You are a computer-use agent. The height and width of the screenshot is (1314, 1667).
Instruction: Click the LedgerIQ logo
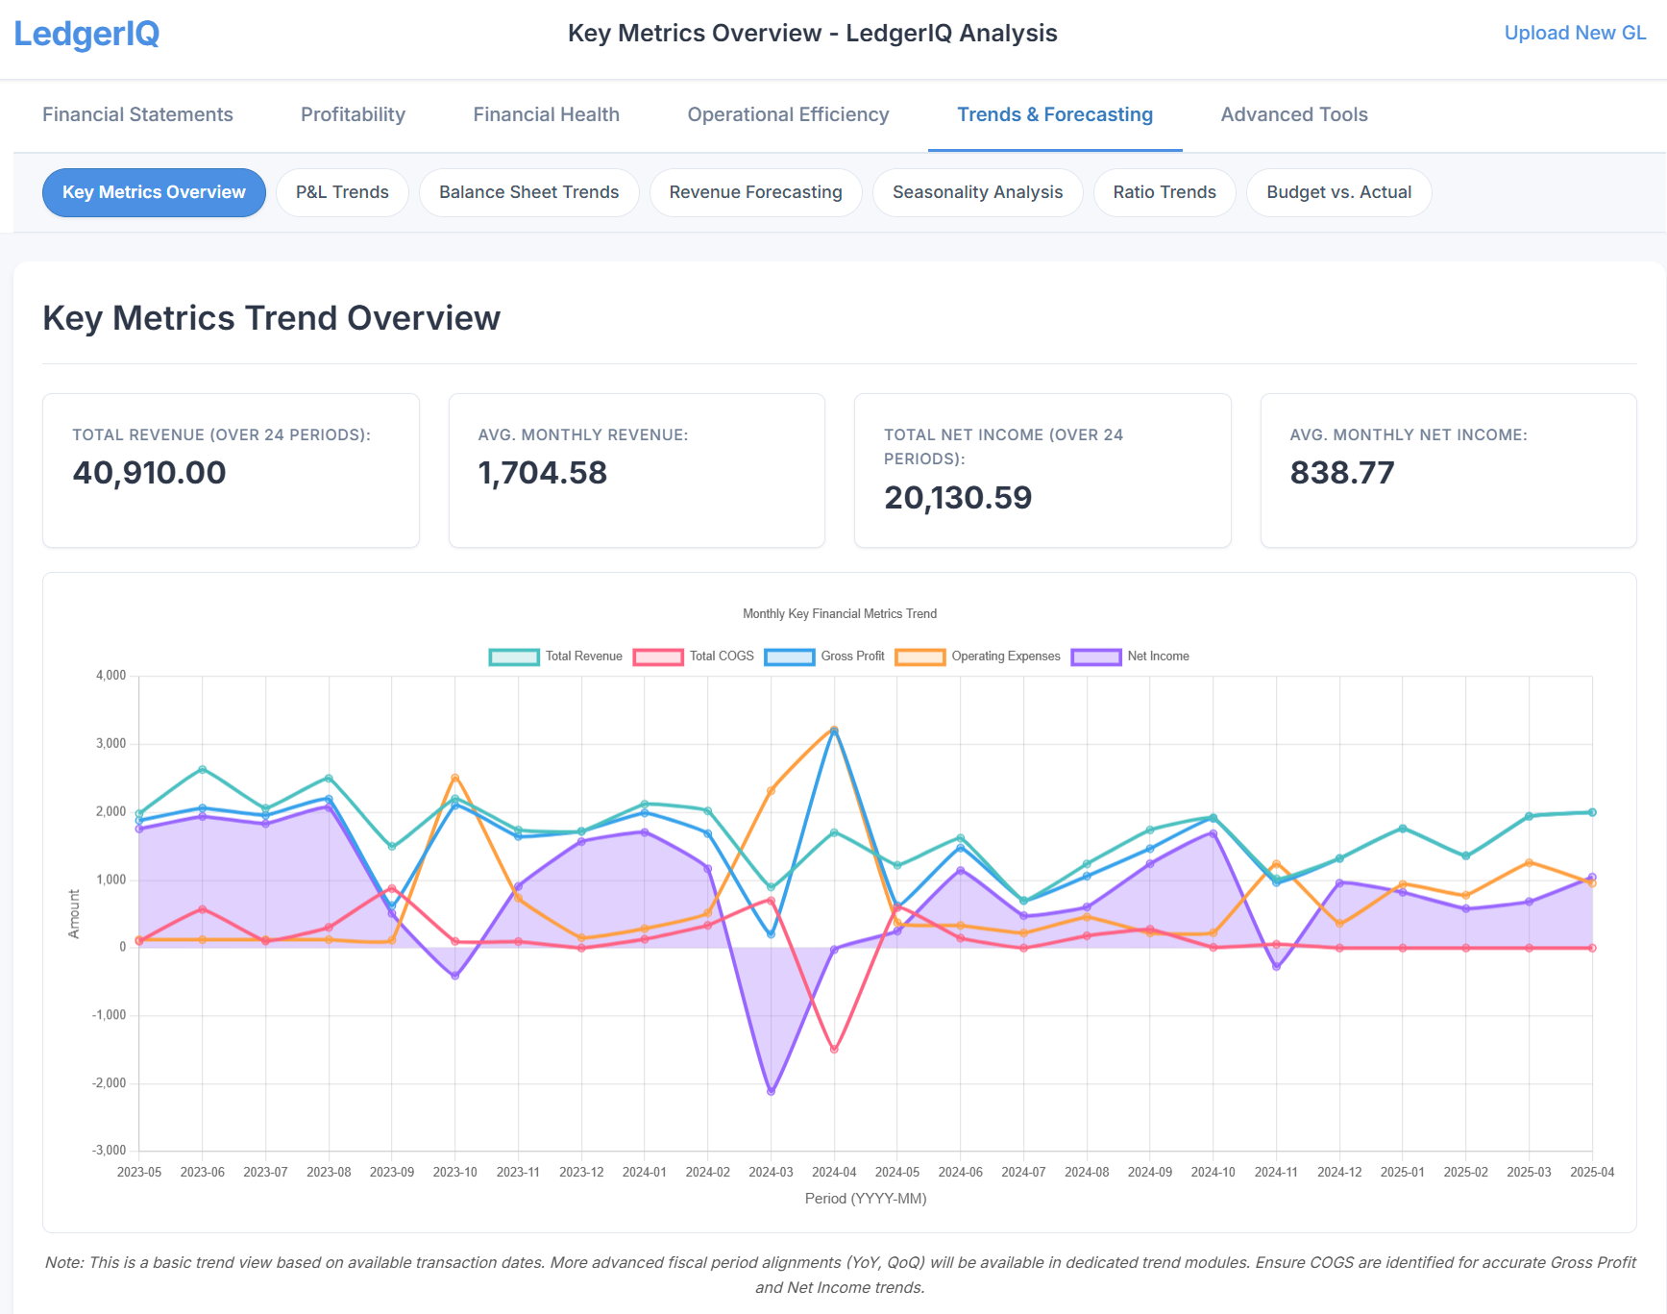pyautogui.click(x=86, y=34)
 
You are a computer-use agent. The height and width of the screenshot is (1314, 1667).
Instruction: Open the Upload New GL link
pyautogui.click(x=1574, y=33)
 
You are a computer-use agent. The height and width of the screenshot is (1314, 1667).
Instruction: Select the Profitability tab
pyautogui.click(x=353, y=114)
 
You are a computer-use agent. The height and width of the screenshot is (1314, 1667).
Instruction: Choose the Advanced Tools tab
pyautogui.click(x=1293, y=114)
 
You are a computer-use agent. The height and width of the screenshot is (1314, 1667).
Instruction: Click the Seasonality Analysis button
pyautogui.click(x=977, y=192)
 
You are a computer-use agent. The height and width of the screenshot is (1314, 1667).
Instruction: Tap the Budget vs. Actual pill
pyautogui.click(x=1338, y=192)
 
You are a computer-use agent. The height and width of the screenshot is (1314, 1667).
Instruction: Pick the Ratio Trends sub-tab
pyautogui.click(x=1164, y=192)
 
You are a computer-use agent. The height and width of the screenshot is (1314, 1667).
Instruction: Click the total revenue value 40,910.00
pyautogui.click(x=150, y=473)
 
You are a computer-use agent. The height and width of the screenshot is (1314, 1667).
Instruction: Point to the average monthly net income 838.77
pyautogui.click(x=1341, y=473)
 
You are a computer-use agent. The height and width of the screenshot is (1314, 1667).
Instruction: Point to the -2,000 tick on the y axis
pyautogui.click(x=110, y=1083)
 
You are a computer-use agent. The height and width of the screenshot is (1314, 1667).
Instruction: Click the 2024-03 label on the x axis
pyautogui.click(x=771, y=1172)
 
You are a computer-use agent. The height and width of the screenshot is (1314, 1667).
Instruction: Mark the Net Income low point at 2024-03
pyautogui.click(x=771, y=1092)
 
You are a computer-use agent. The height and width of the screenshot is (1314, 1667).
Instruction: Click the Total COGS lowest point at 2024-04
pyautogui.click(x=834, y=1050)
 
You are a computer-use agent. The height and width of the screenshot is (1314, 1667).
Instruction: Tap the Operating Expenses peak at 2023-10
pyautogui.click(x=455, y=778)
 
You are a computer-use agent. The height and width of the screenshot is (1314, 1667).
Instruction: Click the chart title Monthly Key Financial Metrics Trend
pyautogui.click(x=839, y=613)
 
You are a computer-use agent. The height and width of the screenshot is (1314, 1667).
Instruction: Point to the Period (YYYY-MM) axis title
pyautogui.click(x=865, y=1199)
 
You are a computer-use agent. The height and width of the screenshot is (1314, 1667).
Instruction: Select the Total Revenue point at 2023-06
pyautogui.click(x=203, y=769)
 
